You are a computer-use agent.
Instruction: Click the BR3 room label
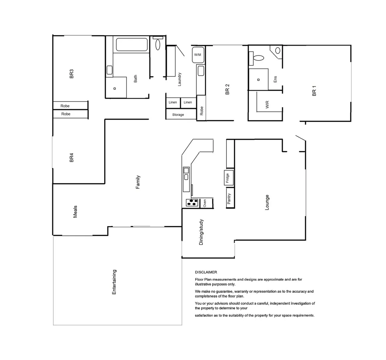click(x=71, y=74)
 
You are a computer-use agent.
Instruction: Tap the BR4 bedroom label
click(x=71, y=158)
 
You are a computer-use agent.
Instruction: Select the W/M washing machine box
click(x=198, y=55)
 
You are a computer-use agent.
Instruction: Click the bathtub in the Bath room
click(x=131, y=45)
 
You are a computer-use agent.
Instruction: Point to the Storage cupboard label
click(x=178, y=115)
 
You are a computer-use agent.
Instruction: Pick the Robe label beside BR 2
click(x=202, y=111)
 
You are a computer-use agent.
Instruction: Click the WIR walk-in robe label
click(x=267, y=105)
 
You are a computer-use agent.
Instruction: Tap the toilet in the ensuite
click(x=258, y=58)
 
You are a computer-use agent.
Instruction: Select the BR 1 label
click(x=314, y=91)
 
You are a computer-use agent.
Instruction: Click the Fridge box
click(x=229, y=178)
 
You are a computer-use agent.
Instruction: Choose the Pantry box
click(x=230, y=199)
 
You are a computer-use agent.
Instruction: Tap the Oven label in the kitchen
click(x=205, y=202)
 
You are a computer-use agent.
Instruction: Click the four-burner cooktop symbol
click(x=192, y=202)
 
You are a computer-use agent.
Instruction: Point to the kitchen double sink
click(x=186, y=174)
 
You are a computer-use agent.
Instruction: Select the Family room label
click(x=138, y=182)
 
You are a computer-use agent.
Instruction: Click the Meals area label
click(x=75, y=212)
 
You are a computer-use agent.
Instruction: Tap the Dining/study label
click(x=201, y=232)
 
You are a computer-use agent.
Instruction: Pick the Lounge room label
click(x=267, y=202)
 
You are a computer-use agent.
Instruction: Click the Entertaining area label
click(x=114, y=282)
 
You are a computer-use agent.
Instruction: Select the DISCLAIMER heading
click(x=206, y=272)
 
